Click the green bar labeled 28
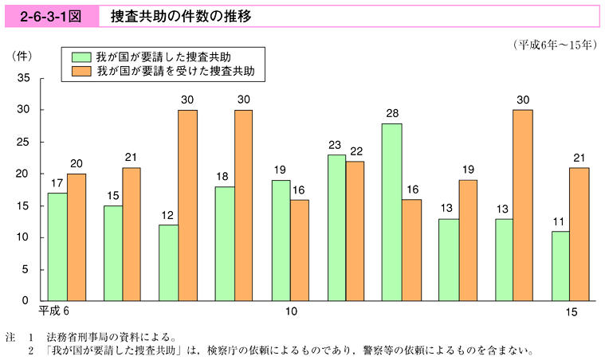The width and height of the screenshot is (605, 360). coord(392,213)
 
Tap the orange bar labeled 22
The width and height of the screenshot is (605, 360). coord(355,231)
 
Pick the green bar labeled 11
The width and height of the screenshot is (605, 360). coord(560,266)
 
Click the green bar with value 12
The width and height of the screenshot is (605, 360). coord(168,263)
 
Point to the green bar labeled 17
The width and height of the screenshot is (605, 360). coord(57,247)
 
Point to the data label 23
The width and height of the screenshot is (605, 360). coord(336,146)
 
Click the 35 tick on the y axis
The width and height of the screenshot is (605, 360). coord(23,78)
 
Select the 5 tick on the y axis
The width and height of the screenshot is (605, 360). coord(26,269)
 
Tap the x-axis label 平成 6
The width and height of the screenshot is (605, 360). coord(55,310)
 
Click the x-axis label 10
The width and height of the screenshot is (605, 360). coord(292,311)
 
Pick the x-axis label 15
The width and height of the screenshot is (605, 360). coord(572,311)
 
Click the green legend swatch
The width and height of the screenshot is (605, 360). coord(81,57)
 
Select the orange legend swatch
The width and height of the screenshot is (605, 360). coord(81,71)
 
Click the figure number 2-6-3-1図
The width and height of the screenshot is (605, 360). coord(46,16)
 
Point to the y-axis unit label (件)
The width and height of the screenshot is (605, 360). coord(22,56)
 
